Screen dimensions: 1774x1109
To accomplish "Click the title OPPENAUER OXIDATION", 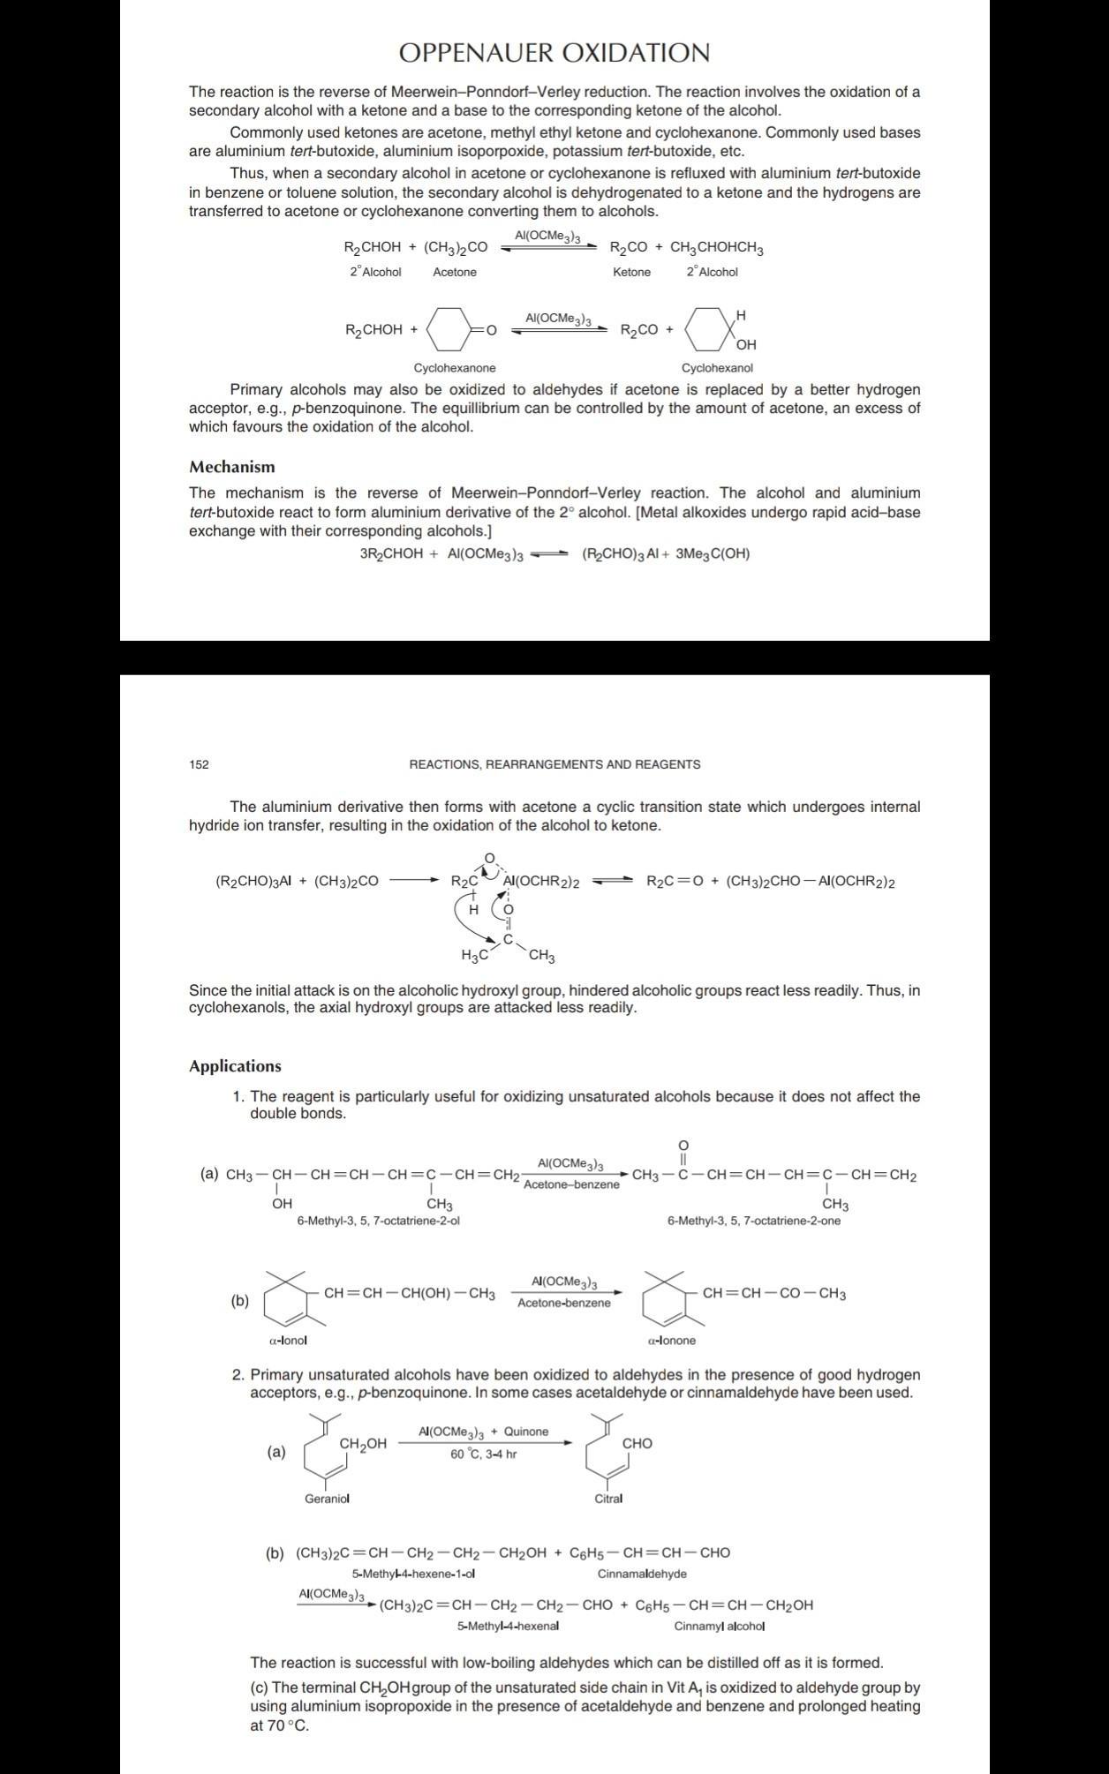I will point(554,54).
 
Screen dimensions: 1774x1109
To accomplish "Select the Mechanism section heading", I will point(231,467).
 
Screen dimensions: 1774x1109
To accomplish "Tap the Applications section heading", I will point(235,1066).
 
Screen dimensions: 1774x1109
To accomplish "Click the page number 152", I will point(199,764).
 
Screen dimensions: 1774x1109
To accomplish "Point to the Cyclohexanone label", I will point(455,368).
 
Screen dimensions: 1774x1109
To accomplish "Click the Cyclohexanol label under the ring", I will point(717,368).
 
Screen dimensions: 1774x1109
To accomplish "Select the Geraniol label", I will point(327,1499).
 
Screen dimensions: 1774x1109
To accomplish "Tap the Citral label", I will point(608,1499).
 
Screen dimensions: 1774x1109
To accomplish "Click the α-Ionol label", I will point(288,1340).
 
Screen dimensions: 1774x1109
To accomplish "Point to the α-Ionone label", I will point(671,1340).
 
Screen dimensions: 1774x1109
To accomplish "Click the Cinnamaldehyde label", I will point(642,1573).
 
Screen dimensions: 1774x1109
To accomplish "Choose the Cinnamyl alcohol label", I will point(720,1626).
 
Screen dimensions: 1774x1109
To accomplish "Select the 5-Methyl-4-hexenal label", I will point(508,1626).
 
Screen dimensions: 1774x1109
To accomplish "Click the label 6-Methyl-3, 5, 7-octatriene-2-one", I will point(754,1221).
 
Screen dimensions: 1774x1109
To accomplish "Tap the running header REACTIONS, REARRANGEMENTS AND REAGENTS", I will point(554,764).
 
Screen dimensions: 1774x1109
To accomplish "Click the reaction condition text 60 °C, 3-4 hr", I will point(483,1454).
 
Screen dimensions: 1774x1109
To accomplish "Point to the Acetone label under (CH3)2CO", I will point(455,272).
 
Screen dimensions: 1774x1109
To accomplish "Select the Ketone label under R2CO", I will point(631,272).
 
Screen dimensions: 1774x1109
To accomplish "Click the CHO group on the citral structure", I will point(637,1443).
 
